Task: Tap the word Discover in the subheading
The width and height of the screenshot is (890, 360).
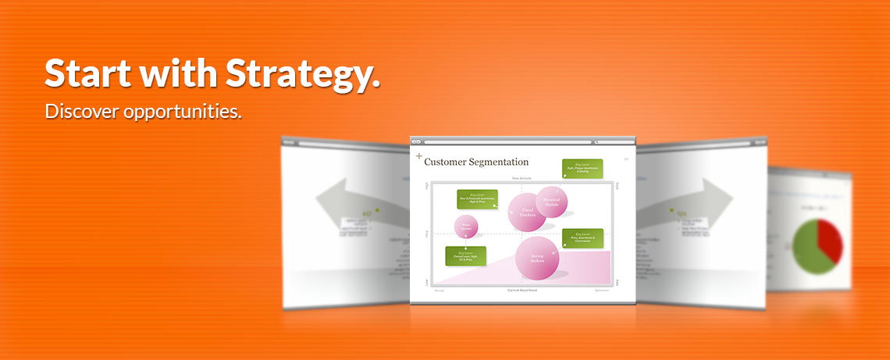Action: [x=81, y=112]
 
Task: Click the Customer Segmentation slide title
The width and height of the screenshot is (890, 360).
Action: [x=476, y=162]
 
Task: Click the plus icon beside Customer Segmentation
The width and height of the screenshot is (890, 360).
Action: [x=418, y=157]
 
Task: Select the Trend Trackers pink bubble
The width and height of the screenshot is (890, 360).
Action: [x=527, y=212]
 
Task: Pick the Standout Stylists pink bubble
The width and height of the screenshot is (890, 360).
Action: [x=552, y=201]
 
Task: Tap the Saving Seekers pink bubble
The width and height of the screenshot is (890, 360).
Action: [x=537, y=258]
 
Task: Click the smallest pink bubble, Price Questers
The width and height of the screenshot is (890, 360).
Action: [x=466, y=227]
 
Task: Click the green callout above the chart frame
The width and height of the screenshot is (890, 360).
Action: [x=582, y=169]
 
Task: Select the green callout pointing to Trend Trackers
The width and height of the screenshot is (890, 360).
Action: [x=477, y=199]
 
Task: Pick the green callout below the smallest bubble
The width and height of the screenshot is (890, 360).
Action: [x=465, y=256]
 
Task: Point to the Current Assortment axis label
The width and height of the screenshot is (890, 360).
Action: [x=522, y=290]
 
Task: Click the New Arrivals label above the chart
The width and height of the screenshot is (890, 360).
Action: [x=522, y=178]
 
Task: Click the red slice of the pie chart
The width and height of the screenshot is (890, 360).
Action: [x=828, y=239]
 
